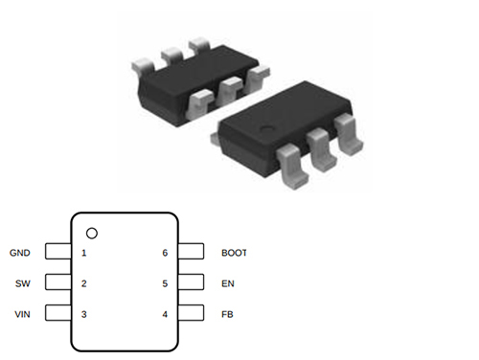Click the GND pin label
click(20, 253)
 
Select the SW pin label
click(23, 283)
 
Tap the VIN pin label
click(22, 314)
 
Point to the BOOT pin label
click(234, 253)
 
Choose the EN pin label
click(228, 283)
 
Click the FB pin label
click(227, 314)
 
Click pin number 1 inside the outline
click(84, 253)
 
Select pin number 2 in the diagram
click(84, 283)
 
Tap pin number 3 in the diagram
click(84, 314)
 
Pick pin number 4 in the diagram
click(165, 314)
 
